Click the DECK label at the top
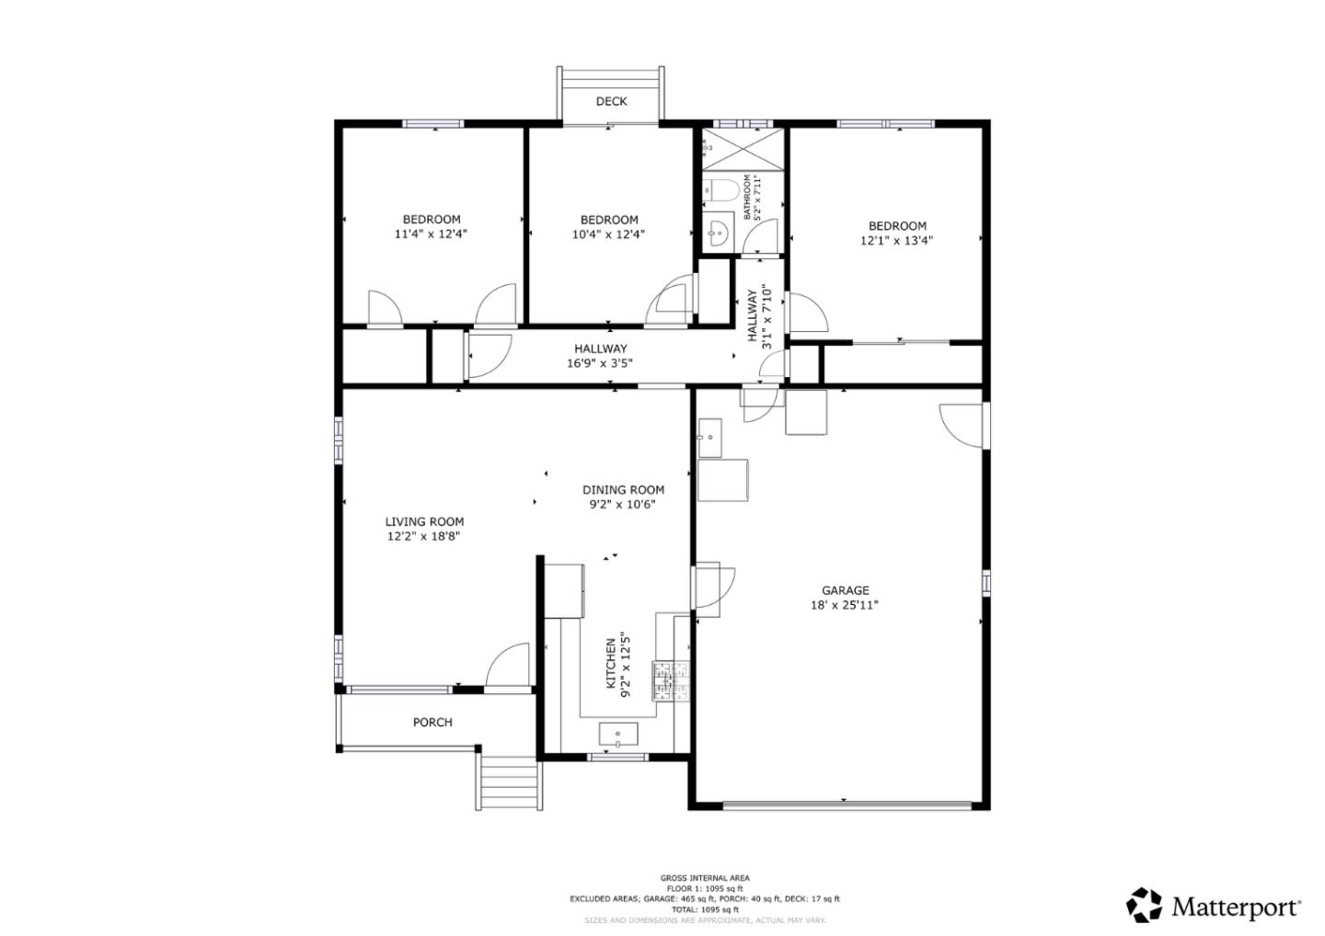pos(611,101)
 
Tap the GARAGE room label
pos(845,590)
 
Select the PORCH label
pos(432,722)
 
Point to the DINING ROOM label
pos(623,489)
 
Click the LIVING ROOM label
pos(424,521)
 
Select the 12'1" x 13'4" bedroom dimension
pos(897,241)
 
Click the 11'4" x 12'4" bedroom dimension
pos(431,234)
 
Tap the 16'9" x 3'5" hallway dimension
pos(600,363)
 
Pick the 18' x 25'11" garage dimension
pos(845,605)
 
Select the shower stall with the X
pos(743,147)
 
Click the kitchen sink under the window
pos(618,736)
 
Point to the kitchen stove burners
pos(671,680)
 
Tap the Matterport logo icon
pos(1145,905)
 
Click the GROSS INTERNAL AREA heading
pos(704,878)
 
